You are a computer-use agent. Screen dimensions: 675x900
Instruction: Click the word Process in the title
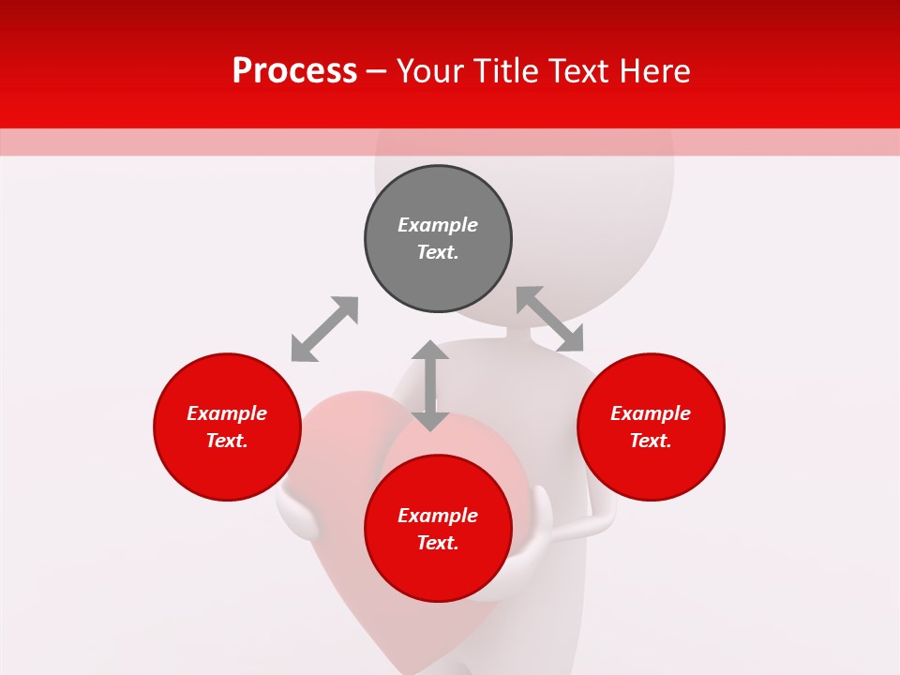coord(294,71)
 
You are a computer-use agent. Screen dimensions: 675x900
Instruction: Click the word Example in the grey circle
coord(438,225)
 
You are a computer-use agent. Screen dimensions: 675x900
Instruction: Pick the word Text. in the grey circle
coord(438,252)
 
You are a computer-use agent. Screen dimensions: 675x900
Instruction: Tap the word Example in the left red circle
coord(227,413)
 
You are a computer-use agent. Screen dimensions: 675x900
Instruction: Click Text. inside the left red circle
coord(227,441)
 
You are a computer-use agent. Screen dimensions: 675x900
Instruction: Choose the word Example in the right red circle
coord(651,413)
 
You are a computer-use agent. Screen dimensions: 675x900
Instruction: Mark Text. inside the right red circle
coord(651,441)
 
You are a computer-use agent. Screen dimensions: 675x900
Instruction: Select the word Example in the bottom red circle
coord(438,516)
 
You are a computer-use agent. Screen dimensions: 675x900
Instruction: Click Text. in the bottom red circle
coord(438,543)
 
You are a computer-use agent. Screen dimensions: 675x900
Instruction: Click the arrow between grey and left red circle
coord(324,329)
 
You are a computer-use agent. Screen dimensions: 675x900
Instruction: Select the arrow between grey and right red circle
coord(550,320)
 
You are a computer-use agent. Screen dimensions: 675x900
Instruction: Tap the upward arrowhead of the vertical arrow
coord(430,352)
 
